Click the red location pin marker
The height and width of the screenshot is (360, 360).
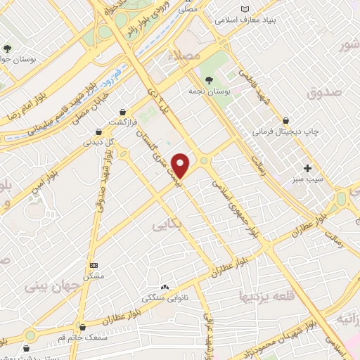click(x=181, y=165)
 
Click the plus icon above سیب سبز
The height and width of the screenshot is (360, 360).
click(x=307, y=168)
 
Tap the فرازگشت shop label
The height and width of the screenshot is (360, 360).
click(x=122, y=122)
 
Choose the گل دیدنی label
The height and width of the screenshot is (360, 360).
click(x=98, y=142)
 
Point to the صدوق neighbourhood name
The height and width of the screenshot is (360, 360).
click(x=324, y=91)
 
